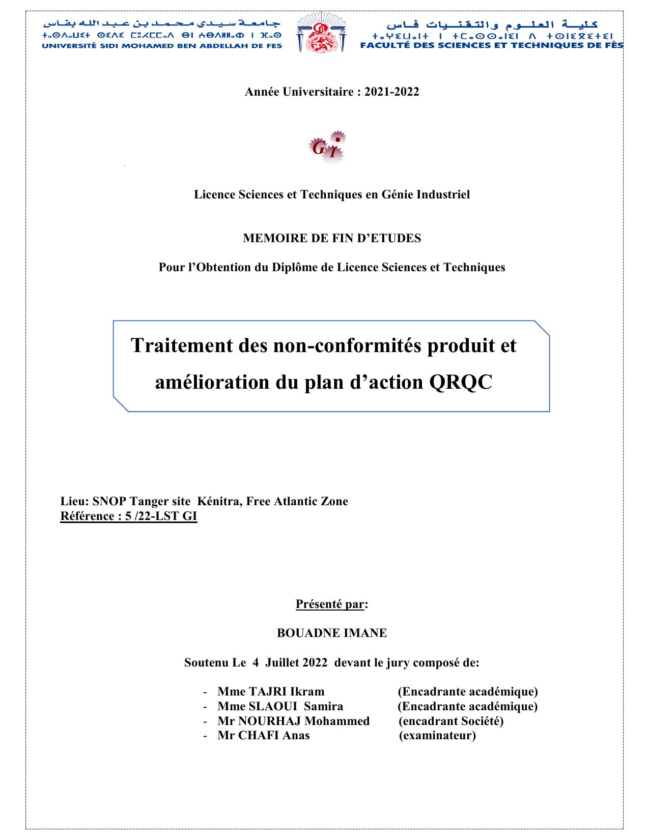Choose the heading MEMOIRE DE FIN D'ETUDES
(x=332, y=238)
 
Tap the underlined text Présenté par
(x=330, y=604)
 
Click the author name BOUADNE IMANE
(x=332, y=633)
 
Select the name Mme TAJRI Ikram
(x=271, y=691)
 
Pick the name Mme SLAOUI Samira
(x=280, y=706)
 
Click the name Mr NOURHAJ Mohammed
(x=293, y=721)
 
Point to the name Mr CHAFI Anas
(x=263, y=735)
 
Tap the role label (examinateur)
(x=437, y=735)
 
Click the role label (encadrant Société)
(x=451, y=721)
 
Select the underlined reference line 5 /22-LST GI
(x=128, y=516)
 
